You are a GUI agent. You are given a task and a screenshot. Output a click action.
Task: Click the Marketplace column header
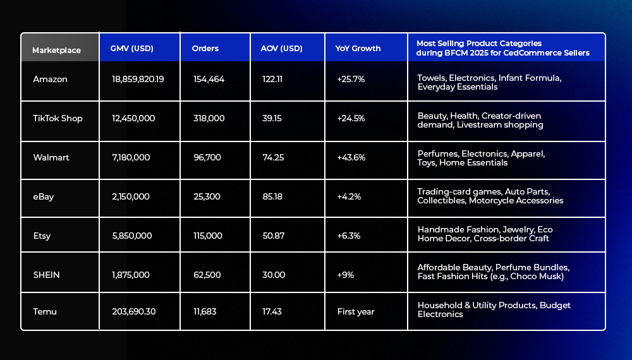56,50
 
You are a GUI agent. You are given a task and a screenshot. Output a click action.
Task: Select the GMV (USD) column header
131,49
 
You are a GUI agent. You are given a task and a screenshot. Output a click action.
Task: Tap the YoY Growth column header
358,49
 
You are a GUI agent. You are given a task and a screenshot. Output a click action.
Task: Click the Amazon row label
50,79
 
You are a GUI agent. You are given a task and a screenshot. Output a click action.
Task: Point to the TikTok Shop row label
58,118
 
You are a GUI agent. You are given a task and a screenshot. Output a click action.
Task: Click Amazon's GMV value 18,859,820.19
137,79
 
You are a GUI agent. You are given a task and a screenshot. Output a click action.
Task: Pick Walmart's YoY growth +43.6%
351,157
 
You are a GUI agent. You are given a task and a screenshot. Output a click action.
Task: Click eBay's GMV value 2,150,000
130,196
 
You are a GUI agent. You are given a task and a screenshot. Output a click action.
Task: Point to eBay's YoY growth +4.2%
349,196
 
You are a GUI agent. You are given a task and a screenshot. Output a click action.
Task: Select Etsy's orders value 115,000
207,236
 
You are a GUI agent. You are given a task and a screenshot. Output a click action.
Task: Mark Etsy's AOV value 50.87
273,236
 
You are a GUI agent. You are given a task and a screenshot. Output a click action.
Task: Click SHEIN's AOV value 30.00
274,275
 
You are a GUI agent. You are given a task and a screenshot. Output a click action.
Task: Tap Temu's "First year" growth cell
356,311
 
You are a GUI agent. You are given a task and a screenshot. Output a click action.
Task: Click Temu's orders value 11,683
205,311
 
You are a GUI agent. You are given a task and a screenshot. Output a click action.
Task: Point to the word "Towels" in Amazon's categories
431,78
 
